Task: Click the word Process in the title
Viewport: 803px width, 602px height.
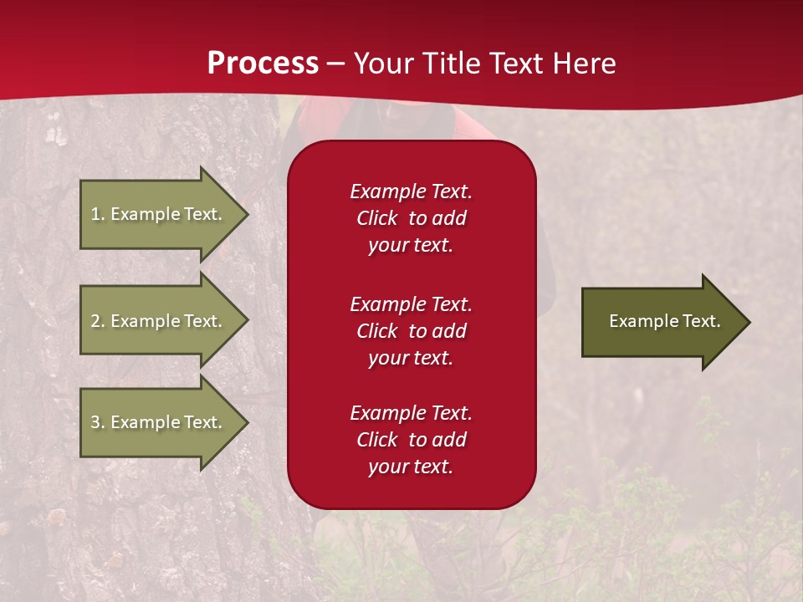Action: tap(263, 64)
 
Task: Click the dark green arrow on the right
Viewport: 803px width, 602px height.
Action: tap(661, 321)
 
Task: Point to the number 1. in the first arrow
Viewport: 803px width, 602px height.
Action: tap(97, 214)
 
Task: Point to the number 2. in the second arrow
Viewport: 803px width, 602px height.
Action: tap(97, 321)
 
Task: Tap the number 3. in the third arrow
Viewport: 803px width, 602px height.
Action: tap(97, 422)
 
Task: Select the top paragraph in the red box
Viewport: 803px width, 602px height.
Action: tap(411, 218)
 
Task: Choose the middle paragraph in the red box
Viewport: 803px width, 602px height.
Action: tap(411, 330)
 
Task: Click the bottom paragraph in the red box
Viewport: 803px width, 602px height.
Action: tap(411, 440)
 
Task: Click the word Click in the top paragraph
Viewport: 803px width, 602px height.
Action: tap(377, 218)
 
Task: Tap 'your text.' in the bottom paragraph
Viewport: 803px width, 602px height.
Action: tap(411, 467)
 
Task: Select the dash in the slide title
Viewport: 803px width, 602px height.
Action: tap(335, 64)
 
